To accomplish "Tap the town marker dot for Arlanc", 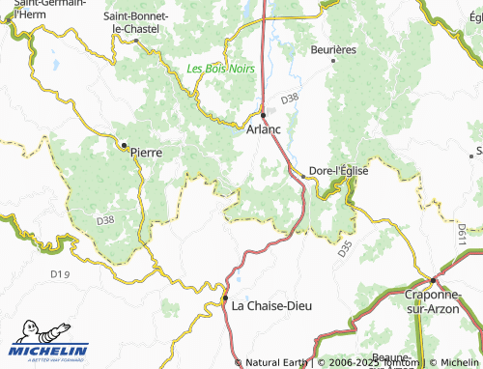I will [x=263, y=113].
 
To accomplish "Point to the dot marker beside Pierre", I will [x=124, y=146].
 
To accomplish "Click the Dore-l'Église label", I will [x=339, y=172].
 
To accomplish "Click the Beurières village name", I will [x=333, y=49].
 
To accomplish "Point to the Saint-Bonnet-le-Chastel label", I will [x=136, y=23].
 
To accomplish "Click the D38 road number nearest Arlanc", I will [x=291, y=99].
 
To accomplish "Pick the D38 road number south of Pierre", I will [x=105, y=220].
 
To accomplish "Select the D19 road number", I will [x=60, y=275].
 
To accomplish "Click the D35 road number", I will [x=345, y=249].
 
